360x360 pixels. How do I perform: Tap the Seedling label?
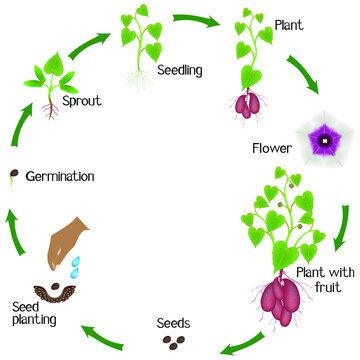pyautogui.click(x=180, y=70)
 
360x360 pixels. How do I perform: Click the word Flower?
pyautogui.click(x=273, y=150)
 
